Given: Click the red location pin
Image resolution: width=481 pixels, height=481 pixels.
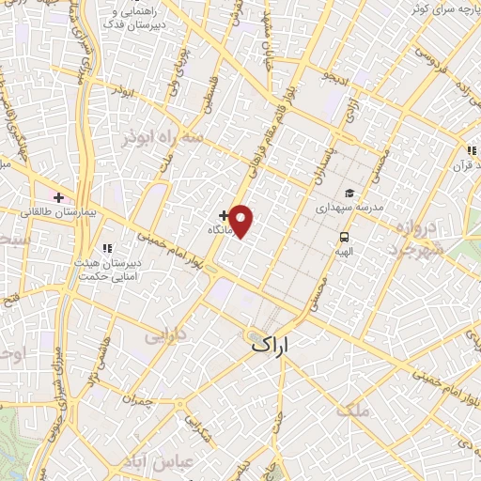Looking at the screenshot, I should (x=241, y=221).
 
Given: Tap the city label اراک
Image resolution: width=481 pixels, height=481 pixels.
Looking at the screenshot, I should (x=273, y=346).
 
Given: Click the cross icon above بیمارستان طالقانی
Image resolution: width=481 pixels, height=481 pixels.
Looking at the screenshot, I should (x=59, y=197).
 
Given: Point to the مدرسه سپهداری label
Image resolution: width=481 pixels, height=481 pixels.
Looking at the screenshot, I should (x=349, y=205).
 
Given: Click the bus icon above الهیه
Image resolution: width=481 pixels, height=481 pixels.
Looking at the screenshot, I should (x=344, y=237).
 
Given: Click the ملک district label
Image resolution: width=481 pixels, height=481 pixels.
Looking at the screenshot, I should (x=359, y=410).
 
